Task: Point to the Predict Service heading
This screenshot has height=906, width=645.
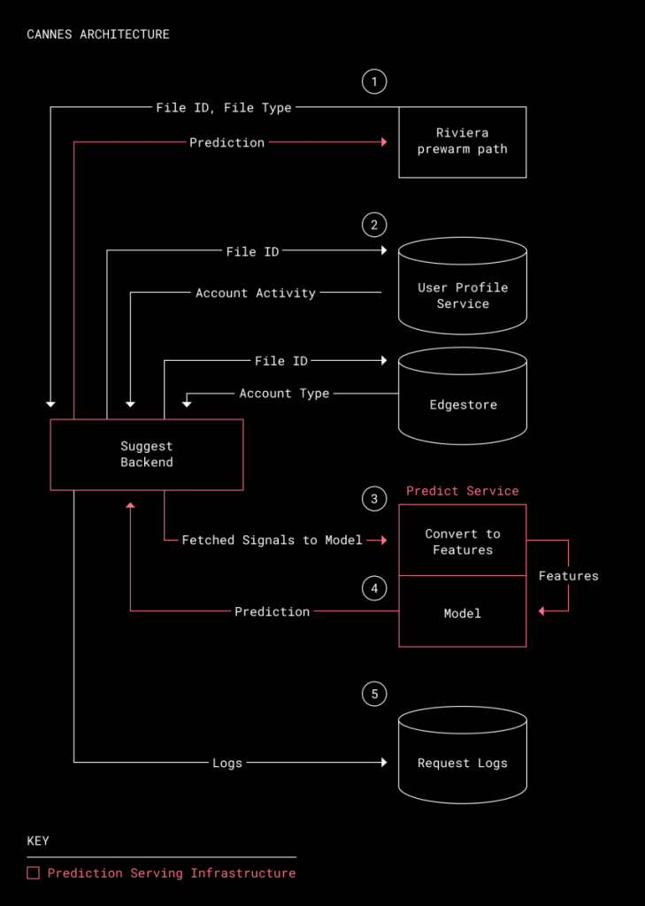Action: pos(463,490)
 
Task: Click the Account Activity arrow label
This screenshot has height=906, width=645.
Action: pos(256,293)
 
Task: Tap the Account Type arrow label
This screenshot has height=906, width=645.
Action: pos(284,394)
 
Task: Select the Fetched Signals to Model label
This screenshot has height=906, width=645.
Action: pos(273,541)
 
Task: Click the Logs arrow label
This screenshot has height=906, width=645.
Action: pos(227,763)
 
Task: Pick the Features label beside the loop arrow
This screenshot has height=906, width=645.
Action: pos(569,575)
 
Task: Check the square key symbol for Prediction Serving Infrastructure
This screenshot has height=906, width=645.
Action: pos(34,873)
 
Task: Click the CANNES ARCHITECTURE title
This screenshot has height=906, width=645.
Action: pos(98,35)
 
